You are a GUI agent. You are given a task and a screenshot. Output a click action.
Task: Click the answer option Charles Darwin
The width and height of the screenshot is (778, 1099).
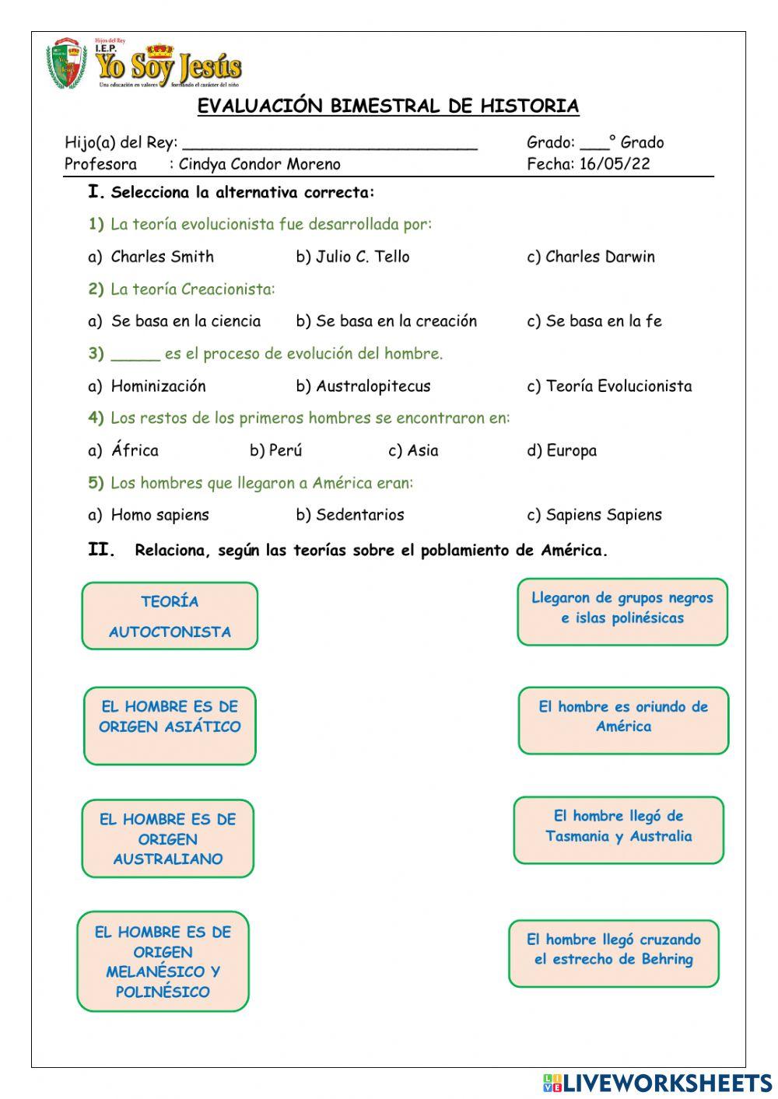coord(600,257)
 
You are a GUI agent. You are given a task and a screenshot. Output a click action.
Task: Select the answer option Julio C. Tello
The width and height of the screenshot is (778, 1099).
coord(362,257)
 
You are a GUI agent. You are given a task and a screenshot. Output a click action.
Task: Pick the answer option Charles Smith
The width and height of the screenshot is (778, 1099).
coord(162,257)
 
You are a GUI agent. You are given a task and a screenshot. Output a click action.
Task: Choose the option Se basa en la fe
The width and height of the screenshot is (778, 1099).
coord(603,321)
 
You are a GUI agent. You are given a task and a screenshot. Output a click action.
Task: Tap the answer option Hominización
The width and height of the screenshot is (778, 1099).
coord(158,386)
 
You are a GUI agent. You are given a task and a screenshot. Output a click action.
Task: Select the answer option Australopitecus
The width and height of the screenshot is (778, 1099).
coord(373,386)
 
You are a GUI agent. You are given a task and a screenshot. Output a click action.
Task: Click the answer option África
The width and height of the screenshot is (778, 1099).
coord(135,450)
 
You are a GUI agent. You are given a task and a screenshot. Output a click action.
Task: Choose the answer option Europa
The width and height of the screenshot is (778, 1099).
coord(571,450)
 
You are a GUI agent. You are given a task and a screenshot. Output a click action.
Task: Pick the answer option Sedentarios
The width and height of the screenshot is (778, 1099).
coord(359,515)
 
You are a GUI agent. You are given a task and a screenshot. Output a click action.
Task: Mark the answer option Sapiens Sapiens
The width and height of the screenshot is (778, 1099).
coord(603,515)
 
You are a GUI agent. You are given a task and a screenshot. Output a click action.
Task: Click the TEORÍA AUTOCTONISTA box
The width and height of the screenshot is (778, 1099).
coord(170,616)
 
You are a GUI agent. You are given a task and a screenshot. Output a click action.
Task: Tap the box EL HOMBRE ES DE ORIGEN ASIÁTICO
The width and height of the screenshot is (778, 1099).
coord(170,726)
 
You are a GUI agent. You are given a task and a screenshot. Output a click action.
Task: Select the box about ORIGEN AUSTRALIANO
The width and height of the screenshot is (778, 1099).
coord(168,838)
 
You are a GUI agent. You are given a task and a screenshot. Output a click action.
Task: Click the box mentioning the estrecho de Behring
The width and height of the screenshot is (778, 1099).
coord(614,953)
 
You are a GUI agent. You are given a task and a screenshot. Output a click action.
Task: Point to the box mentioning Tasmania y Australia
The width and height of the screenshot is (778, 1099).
coord(619,830)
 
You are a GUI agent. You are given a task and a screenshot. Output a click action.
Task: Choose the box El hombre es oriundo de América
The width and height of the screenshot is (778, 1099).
coord(623,720)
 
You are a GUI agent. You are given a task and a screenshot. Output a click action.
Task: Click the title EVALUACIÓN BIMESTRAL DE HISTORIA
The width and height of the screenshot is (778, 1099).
coord(388,106)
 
